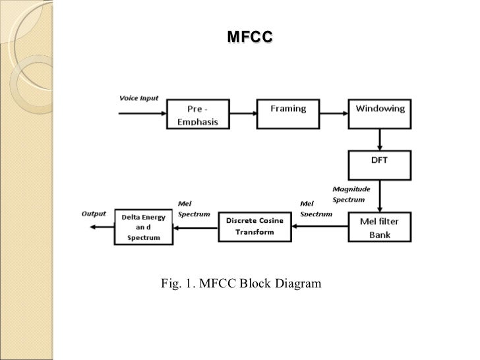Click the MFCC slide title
(x=250, y=38)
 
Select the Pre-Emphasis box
(x=197, y=115)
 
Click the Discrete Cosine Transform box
(x=254, y=227)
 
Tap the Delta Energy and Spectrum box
(x=144, y=227)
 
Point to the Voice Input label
(x=138, y=98)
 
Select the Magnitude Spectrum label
(x=351, y=194)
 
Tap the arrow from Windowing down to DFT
(x=380, y=139)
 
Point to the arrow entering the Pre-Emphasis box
(x=141, y=113)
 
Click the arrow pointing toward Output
(x=100, y=227)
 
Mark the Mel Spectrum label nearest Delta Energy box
(x=194, y=209)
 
